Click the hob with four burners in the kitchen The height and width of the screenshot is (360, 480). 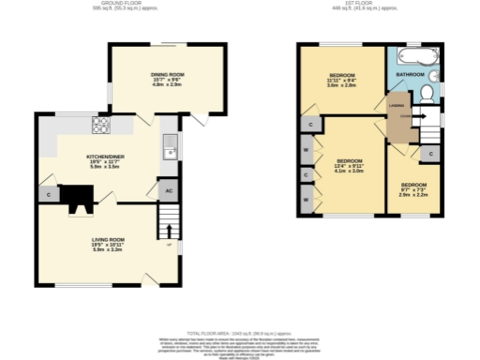click(x=101, y=124)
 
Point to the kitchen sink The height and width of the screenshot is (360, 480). click(x=169, y=145)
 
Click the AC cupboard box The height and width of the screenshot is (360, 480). click(x=168, y=189)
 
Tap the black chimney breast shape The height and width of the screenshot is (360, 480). click(x=77, y=195)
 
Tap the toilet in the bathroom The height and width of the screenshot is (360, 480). click(x=426, y=93)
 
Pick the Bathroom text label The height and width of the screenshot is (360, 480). click(x=410, y=73)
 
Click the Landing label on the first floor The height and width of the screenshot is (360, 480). click(x=396, y=106)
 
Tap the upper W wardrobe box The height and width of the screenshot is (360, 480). click(x=307, y=150)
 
